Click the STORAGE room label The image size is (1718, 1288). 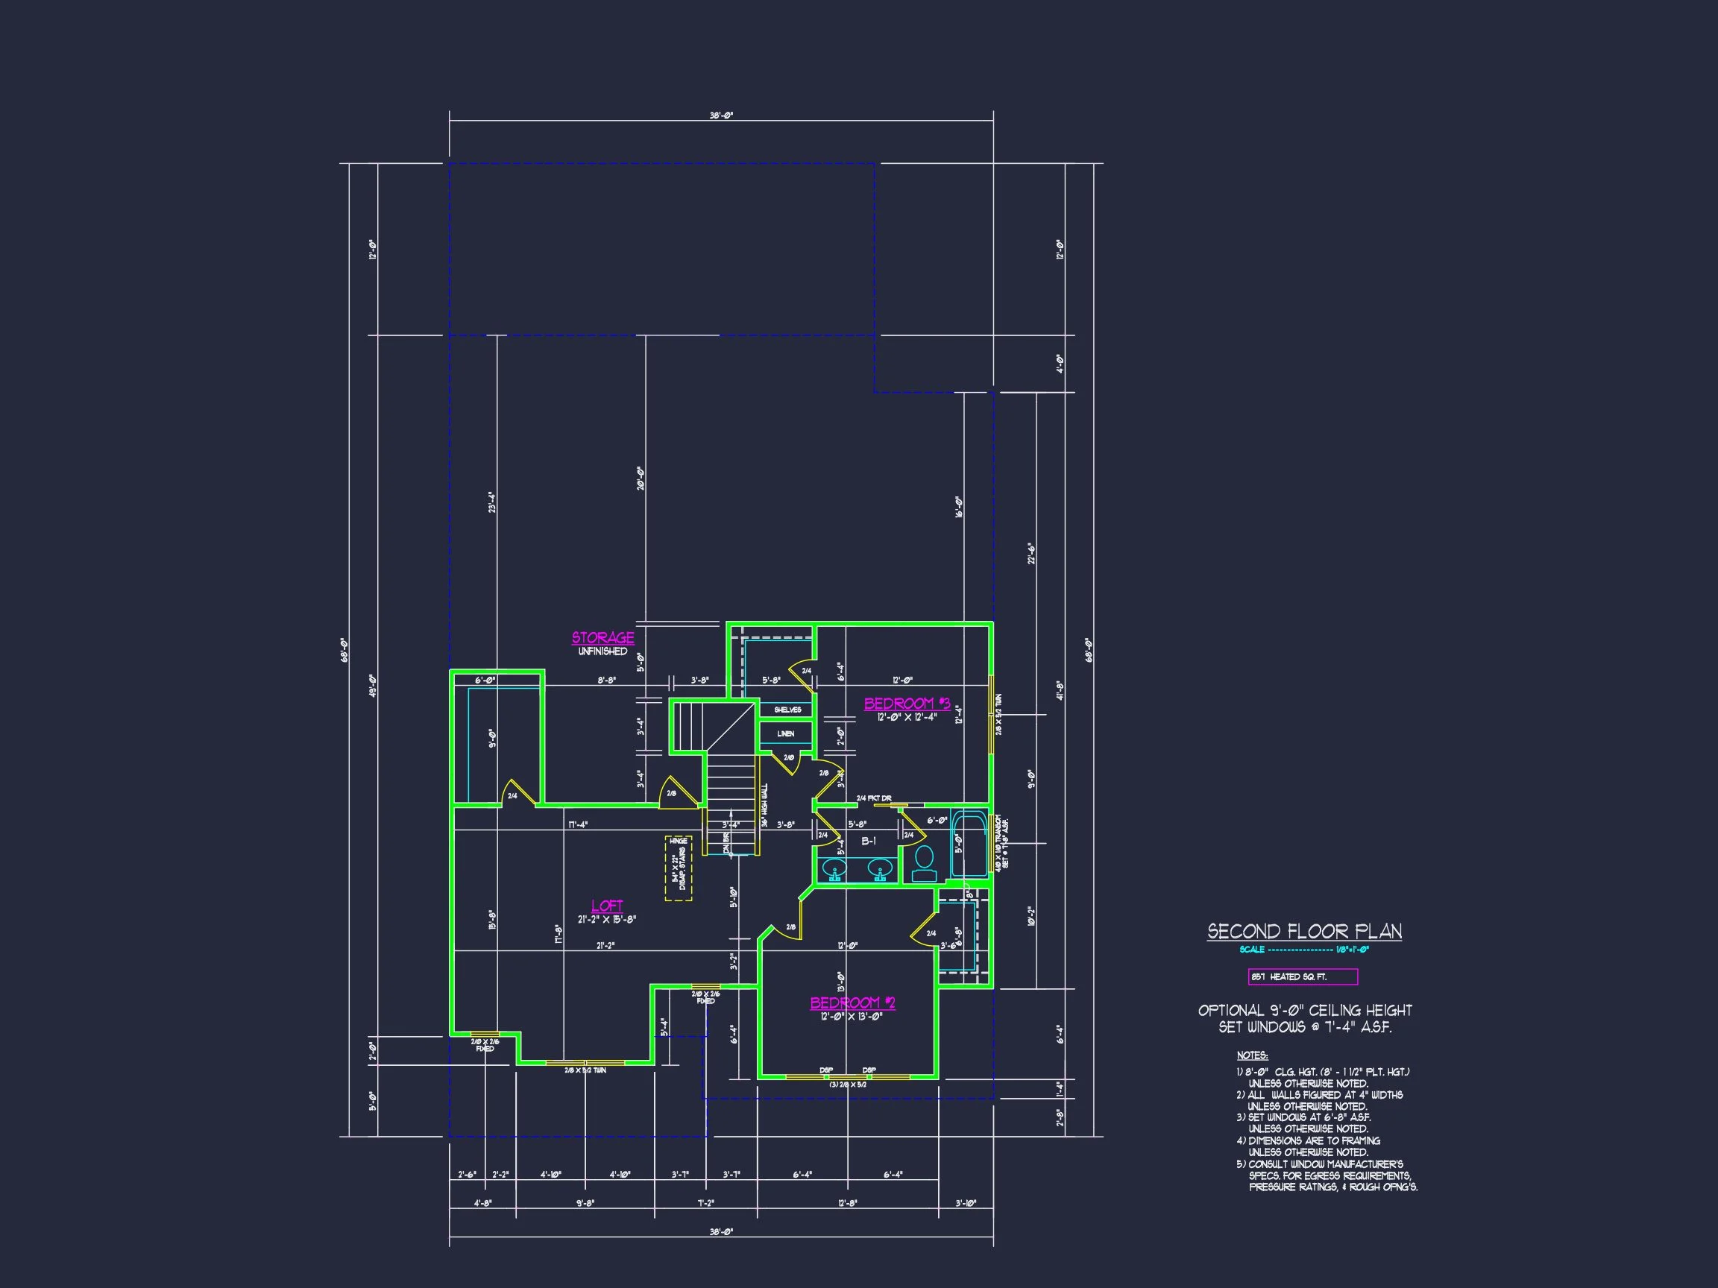pyautogui.click(x=602, y=638)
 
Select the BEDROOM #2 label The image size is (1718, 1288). pyautogui.click(x=852, y=1003)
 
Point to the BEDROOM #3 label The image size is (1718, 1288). pyautogui.click(x=907, y=704)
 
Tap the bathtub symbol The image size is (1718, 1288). pyautogui.click(x=969, y=842)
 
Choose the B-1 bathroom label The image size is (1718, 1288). pyautogui.click(x=868, y=841)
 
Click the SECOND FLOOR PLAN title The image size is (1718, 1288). pyautogui.click(x=1304, y=932)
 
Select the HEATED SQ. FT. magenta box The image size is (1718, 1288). pyautogui.click(x=1303, y=976)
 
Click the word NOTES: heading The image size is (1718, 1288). pyautogui.click(x=1252, y=1055)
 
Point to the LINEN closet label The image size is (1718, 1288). pyautogui.click(x=785, y=733)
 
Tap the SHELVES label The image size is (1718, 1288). pyautogui.click(x=787, y=710)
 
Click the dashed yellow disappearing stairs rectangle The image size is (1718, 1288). pyautogui.click(x=678, y=868)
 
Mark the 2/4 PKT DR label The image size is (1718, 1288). pyautogui.click(x=873, y=798)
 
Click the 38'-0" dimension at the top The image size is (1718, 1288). pyautogui.click(x=721, y=116)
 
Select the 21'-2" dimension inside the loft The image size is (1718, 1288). pyautogui.click(x=605, y=946)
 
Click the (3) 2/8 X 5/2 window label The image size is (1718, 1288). pyautogui.click(x=847, y=1085)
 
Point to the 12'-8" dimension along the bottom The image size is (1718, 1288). pyautogui.click(x=846, y=1203)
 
